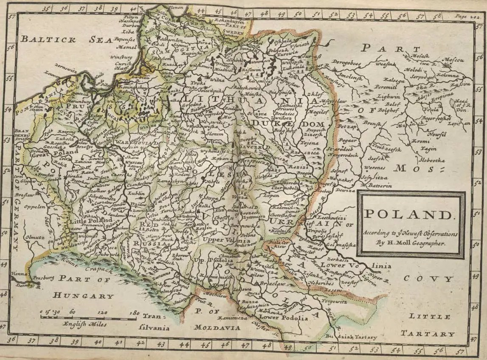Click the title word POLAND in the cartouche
pyautogui.click(x=411, y=216)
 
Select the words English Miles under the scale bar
pyautogui.click(x=84, y=324)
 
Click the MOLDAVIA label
pyautogui.click(x=217, y=328)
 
